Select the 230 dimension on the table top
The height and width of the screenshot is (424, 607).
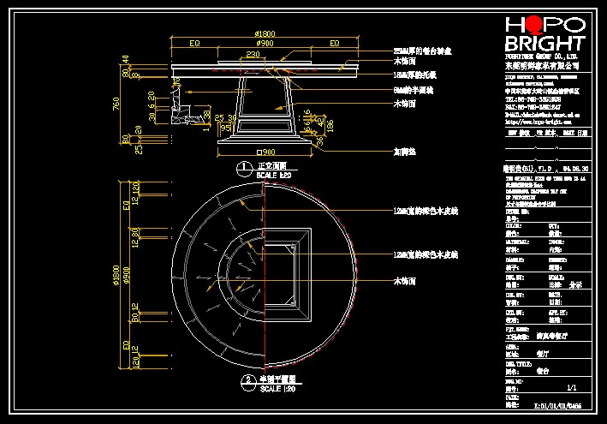[x=253, y=55]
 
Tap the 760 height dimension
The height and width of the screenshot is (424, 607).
[x=116, y=104]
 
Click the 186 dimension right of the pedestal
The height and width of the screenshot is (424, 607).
[x=329, y=125]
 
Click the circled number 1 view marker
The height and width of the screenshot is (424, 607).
[x=245, y=165]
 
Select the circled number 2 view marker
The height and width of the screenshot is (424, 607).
[x=245, y=378]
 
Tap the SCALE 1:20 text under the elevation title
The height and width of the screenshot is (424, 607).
[x=274, y=174]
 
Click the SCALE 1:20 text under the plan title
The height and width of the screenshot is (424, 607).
[x=275, y=388]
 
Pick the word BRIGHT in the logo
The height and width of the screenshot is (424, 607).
[x=545, y=44]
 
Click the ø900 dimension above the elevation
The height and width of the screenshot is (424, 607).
[x=265, y=43]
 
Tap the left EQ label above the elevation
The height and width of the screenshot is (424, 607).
[x=195, y=43]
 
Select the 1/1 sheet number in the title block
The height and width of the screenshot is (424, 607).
[x=561, y=387]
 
